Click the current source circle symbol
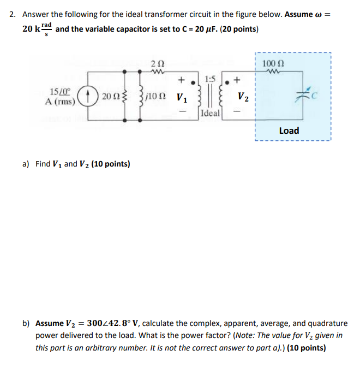coord(87,97)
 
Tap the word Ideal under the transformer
coord(210,114)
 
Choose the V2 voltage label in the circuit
coord(243,98)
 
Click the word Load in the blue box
coord(289,130)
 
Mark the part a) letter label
coord(25,164)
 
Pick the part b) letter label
coord(26,323)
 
